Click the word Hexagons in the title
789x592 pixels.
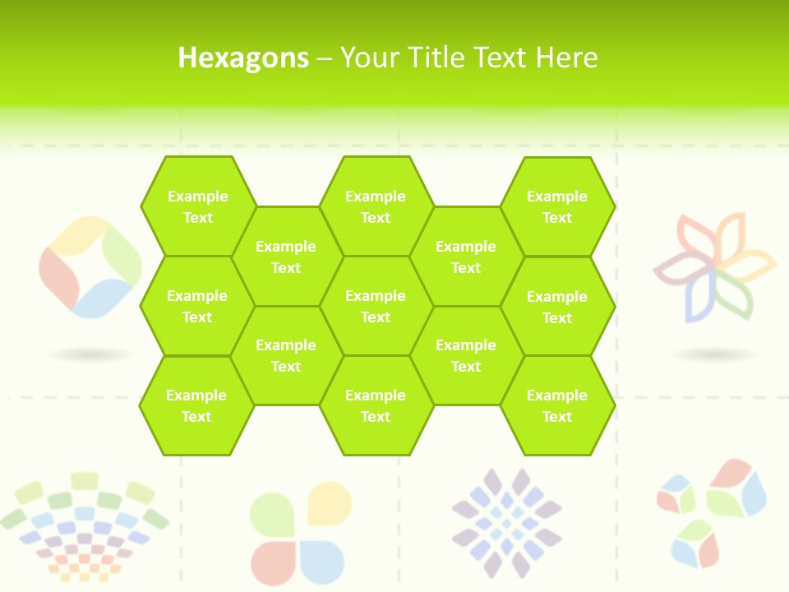click(243, 58)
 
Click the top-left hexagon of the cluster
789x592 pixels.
click(197, 206)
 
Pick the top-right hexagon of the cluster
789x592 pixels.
click(557, 206)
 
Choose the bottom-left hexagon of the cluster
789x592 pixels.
click(196, 405)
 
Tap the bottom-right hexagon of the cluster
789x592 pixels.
click(557, 405)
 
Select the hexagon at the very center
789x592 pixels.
click(376, 306)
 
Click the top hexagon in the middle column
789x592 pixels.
click(376, 206)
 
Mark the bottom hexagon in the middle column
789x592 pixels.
click(376, 405)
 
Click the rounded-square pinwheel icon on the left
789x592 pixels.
click(90, 267)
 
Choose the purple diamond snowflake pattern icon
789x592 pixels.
click(507, 522)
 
